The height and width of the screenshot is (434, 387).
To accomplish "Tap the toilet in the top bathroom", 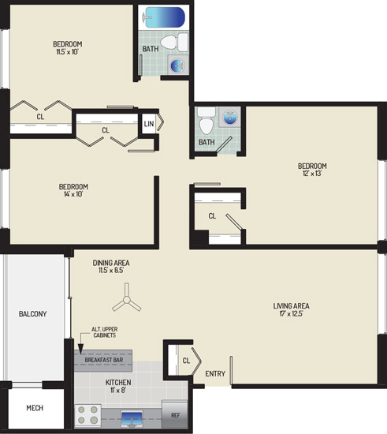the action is pos(175,42).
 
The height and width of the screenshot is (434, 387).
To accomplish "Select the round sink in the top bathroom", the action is pos(177,65).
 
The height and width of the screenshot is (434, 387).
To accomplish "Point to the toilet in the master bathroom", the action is pos(207,121).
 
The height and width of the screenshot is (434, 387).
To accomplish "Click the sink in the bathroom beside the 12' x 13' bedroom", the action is pos(229,118).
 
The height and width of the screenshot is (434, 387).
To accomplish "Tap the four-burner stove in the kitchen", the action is pos(88,416).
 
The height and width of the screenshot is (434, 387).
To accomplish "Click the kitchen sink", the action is pos(132,419).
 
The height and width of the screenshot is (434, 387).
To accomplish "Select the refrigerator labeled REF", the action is pos(175,414).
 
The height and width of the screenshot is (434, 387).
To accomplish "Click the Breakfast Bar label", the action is pos(104,360).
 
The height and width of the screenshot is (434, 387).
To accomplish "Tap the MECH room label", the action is pos(35,408).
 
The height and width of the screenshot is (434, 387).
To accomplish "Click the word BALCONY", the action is pos(32,314).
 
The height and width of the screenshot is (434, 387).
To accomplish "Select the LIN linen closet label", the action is pos(149,124).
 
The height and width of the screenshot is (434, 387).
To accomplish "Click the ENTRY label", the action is pos(215,374).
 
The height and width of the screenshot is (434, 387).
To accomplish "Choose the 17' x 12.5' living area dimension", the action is pos(291,313).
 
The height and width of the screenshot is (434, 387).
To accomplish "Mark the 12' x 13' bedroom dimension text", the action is pos(312,174).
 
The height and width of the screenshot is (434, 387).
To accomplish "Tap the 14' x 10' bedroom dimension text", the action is pos(73,194).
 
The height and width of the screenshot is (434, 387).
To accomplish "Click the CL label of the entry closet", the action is pos(186,361).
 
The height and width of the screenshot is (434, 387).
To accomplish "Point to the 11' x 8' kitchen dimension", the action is pos(118,390).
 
